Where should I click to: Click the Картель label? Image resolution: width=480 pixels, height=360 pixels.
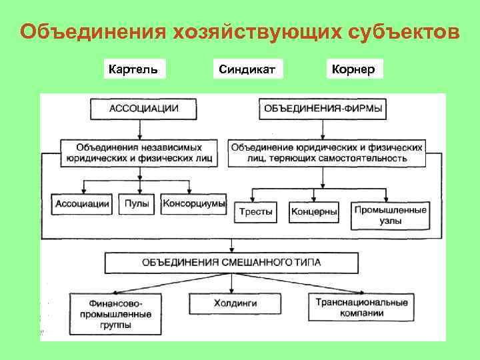point(134,69)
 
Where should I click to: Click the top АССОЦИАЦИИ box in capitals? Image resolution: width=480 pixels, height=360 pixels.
point(143,108)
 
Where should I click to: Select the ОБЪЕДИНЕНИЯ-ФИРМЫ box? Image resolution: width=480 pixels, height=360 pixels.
point(323,108)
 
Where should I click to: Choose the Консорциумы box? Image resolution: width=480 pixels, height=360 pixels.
point(193,204)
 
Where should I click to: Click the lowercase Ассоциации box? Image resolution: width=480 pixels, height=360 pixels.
point(82,204)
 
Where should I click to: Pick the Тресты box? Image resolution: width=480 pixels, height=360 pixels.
point(256,212)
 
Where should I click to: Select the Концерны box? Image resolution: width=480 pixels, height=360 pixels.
point(314,212)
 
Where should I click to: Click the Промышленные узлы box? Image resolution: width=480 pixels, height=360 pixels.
point(391,215)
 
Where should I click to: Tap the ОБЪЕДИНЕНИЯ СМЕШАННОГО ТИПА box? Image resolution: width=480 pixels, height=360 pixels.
point(231,262)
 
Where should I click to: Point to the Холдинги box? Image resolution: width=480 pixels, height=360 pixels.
point(231,303)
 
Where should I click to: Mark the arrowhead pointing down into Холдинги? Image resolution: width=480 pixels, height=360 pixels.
point(231,291)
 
